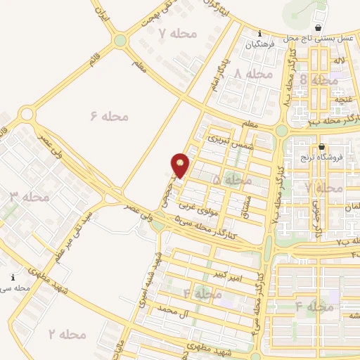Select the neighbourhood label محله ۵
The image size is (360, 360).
click(x=231, y=181)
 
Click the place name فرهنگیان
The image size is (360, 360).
click(x=259, y=44)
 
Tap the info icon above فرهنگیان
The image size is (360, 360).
click(x=259, y=34)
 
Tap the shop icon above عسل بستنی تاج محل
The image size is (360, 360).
click(x=319, y=28)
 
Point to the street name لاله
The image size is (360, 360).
click(x=339, y=62)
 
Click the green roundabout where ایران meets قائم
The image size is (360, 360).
click(x=120, y=41)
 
